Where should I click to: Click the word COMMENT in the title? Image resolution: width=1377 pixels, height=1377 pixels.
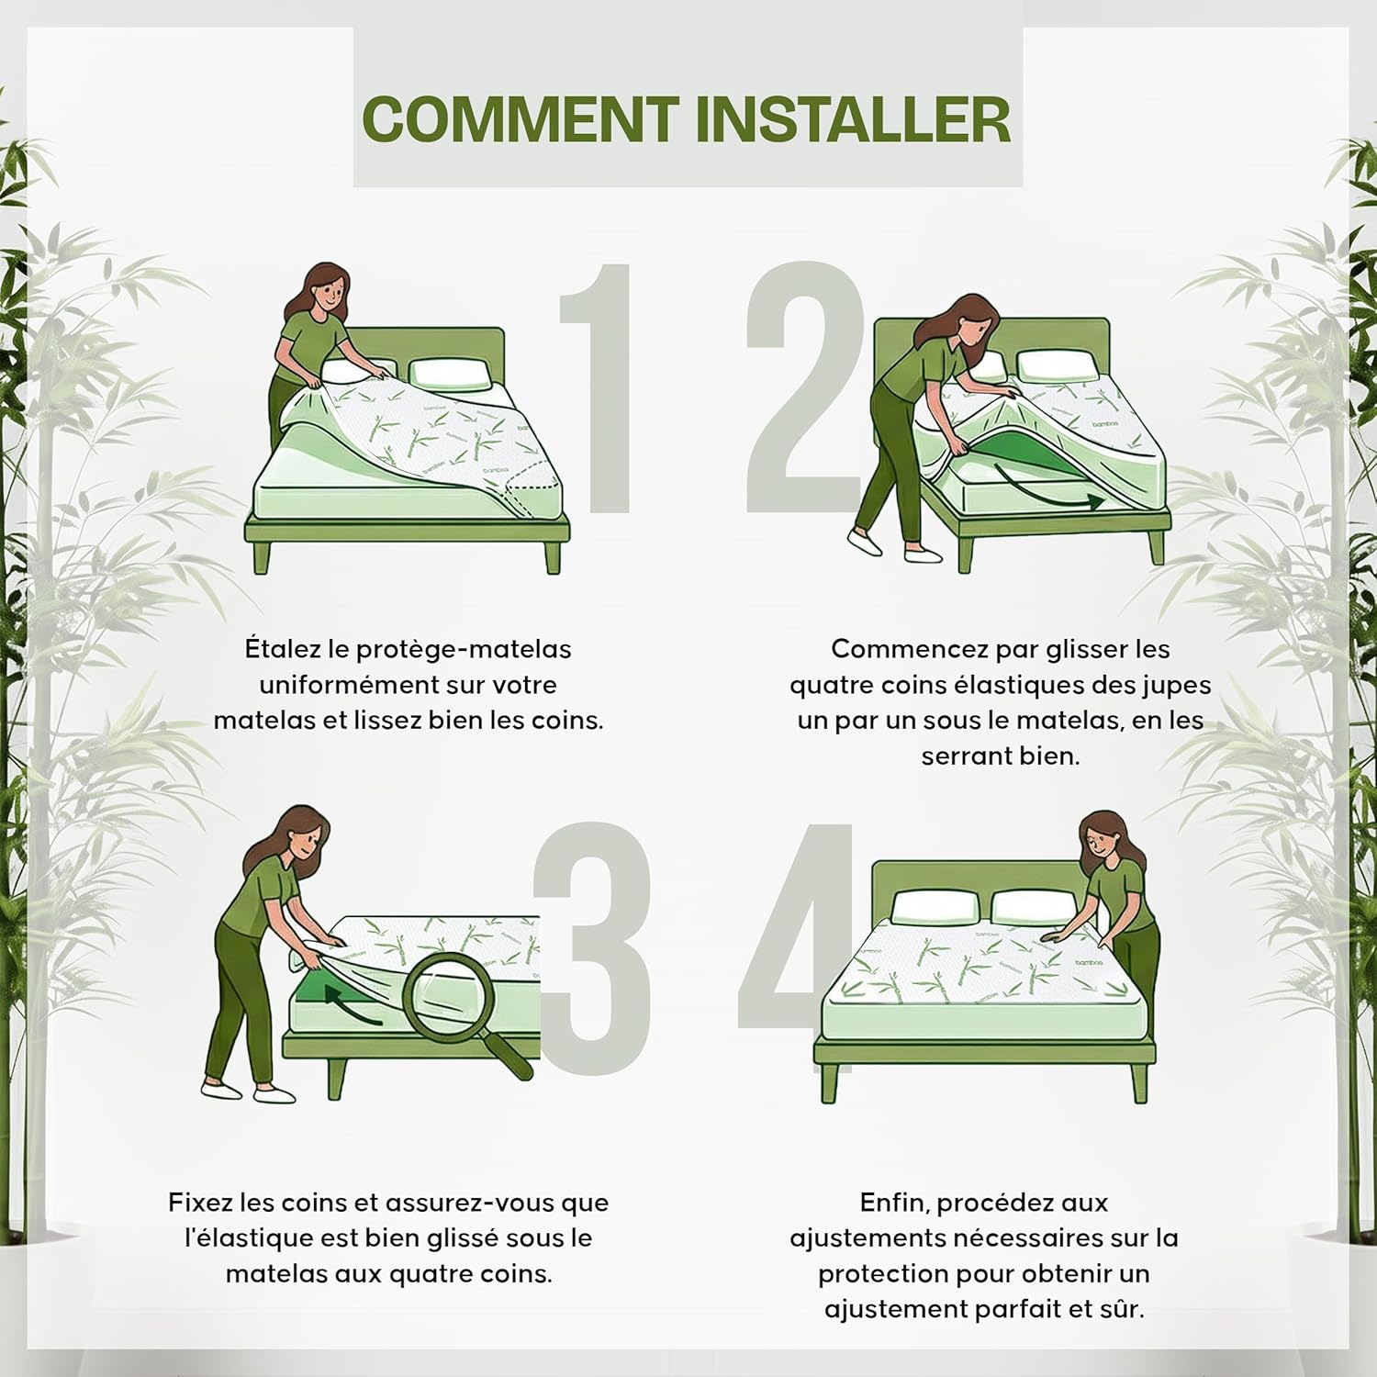520,119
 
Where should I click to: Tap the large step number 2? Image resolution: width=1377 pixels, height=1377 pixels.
803,386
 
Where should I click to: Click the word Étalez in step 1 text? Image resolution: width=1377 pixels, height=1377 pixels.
297,648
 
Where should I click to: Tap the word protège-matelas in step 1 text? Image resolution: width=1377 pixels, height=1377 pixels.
464,650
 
